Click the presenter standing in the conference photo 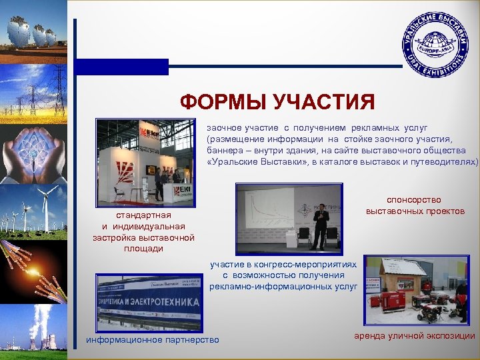(321, 225)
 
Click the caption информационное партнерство (153, 341)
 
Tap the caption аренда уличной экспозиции (415, 336)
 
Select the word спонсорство (414, 199)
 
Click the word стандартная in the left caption (143, 215)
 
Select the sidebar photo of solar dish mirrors (33, 30)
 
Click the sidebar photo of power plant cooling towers (33, 330)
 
